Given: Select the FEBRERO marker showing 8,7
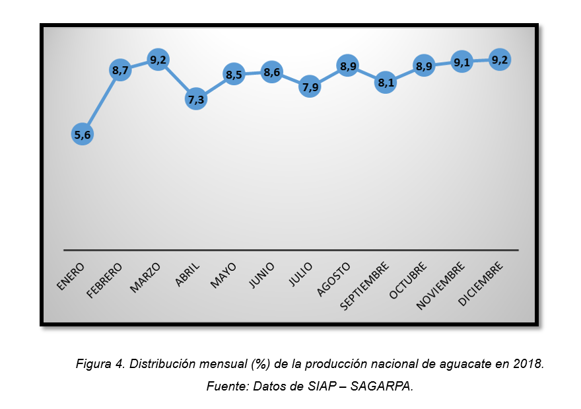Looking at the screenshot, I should click(x=120, y=70).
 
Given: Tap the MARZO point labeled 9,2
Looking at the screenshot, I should click(x=158, y=60).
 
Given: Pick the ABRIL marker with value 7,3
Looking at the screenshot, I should click(x=196, y=99).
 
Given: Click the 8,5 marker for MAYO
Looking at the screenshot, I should click(x=234, y=75).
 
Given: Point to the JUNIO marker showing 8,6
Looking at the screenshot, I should click(x=272, y=73).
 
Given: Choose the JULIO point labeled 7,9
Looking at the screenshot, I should click(x=310, y=87).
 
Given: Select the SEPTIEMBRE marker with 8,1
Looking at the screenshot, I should click(x=386, y=83).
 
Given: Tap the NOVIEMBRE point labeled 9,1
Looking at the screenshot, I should click(x=461, y=62).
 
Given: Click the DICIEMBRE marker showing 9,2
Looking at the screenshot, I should click(x=500, y=59).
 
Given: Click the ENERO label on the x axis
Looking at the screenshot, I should click(x=71, y=277).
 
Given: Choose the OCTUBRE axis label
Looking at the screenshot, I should click(x=409, y=280).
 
